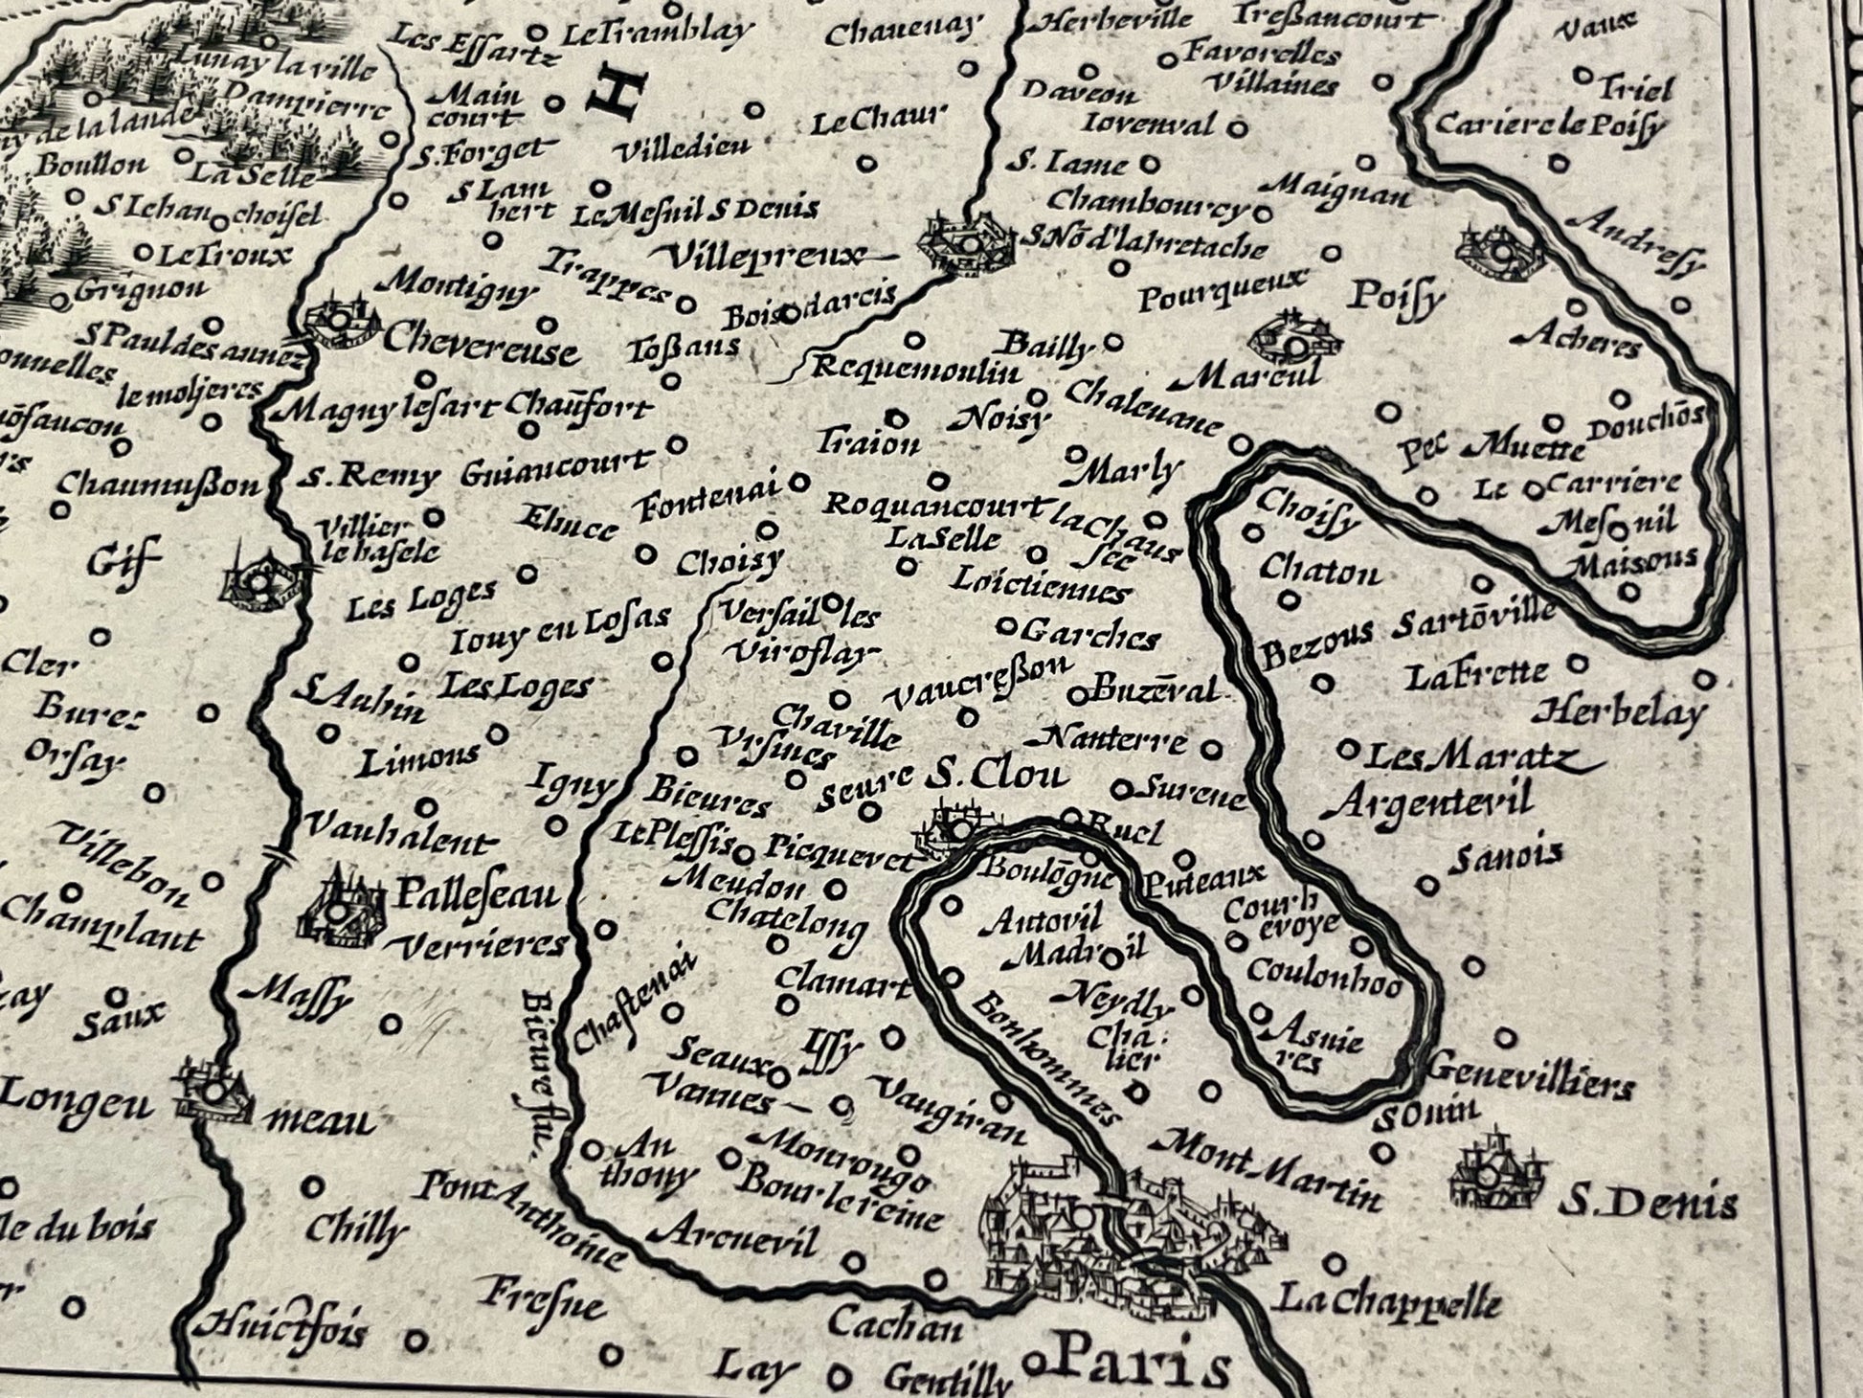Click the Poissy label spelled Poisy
point(1395,299)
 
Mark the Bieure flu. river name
point(539,1072)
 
